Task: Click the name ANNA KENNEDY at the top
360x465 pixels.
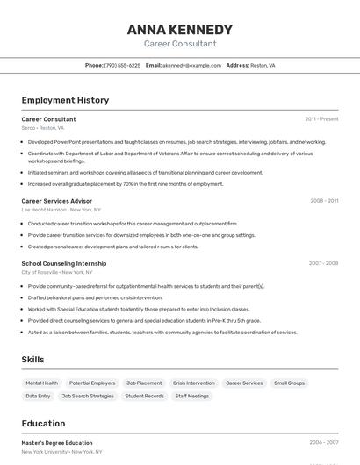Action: coord(179,29)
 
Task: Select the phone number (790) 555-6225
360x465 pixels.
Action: coord(122,65)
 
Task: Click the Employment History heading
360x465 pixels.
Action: coord(65,100)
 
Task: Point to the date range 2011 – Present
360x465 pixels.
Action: coord(321,118)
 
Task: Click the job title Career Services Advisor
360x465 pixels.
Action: coord(57,201)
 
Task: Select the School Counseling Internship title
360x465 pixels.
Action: coord(64,263)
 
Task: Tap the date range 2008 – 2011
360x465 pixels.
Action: coord(324,201)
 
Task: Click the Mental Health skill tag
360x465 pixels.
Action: coord(42,383)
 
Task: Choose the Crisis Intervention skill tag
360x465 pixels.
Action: coord(193,383)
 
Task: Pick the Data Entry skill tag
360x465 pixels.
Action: coord(38,396)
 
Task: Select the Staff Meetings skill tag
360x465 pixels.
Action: coord(192,396)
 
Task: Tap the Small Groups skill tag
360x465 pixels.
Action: coord(289,383)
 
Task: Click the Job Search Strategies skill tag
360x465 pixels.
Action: coord(88,396)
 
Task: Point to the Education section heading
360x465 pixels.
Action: coord(43,423)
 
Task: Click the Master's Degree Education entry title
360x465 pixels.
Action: coord(57,443)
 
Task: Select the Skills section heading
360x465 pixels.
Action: coord(33,360)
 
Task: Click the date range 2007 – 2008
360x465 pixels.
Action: coord(323,263)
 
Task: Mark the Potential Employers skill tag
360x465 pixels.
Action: coord(92,383)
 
